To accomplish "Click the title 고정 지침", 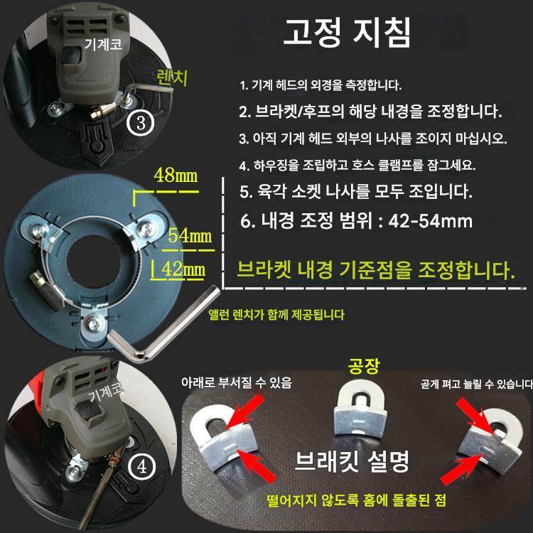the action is point(347,32).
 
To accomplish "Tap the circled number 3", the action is point(141,122).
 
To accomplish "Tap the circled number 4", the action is point(142,466).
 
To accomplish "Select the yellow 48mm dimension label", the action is point(176,176).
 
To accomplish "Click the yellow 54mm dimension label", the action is point(190,235).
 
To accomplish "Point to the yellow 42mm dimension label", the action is point(183,269).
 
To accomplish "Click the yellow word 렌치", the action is point(172,78).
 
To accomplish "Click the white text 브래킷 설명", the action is point(352,461).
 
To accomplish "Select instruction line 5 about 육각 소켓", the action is point(356,192).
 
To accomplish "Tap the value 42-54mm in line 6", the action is point(431,221).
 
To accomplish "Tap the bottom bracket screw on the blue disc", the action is point(94,323).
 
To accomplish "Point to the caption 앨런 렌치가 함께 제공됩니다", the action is point(276,315).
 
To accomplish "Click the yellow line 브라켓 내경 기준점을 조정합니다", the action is point(376,271).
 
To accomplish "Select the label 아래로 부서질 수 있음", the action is point(237,382).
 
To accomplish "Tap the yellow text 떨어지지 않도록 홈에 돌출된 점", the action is point(356,500).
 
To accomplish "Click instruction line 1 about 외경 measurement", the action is point(321,85).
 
